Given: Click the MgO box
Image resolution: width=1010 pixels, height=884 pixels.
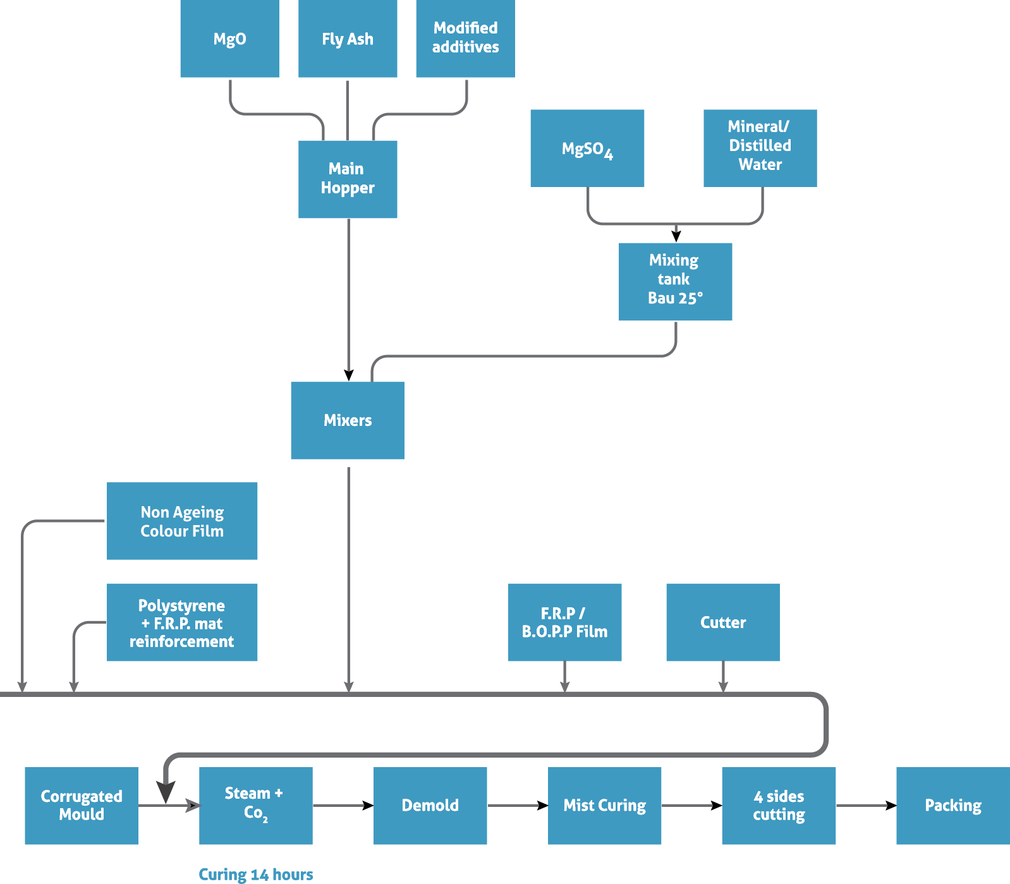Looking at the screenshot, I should point(229,39).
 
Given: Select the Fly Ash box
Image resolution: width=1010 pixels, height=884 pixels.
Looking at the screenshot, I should point(348,39).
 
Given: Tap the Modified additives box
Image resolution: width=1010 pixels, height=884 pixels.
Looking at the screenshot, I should point(465,39).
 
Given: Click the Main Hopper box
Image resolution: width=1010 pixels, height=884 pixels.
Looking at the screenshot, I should point(348,179).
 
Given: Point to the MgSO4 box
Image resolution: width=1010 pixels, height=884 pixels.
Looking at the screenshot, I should point(587,148).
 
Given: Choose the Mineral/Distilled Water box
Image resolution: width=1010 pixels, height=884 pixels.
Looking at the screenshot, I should point(760,148).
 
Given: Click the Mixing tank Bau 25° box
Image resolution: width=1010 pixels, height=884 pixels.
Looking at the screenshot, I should point(675,281).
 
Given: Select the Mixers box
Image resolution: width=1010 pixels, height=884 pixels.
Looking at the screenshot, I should point(347,420).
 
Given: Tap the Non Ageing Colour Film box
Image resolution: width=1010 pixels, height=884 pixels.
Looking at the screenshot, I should point(182,521).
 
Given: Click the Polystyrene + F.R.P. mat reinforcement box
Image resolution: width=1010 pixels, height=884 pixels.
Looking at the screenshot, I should point(182,622).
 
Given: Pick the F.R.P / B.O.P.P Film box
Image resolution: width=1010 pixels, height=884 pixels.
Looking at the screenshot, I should point(564,622).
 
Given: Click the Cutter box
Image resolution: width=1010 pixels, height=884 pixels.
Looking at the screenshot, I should point(722,622).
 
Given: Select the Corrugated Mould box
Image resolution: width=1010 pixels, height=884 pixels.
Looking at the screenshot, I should point(82,806).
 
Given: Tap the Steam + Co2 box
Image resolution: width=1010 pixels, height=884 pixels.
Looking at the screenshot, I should point(255,806).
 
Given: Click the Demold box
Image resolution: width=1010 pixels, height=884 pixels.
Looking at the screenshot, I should point(430,806).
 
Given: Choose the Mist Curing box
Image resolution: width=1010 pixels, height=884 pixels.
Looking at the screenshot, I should point(604,806).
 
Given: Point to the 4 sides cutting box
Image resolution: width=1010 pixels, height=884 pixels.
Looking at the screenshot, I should point(779,806).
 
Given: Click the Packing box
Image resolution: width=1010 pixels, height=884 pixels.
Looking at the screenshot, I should point(952,806).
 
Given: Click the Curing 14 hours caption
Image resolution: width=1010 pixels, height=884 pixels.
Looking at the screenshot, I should point(255,875).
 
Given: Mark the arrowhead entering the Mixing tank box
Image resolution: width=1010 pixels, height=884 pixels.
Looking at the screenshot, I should point(676,236).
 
